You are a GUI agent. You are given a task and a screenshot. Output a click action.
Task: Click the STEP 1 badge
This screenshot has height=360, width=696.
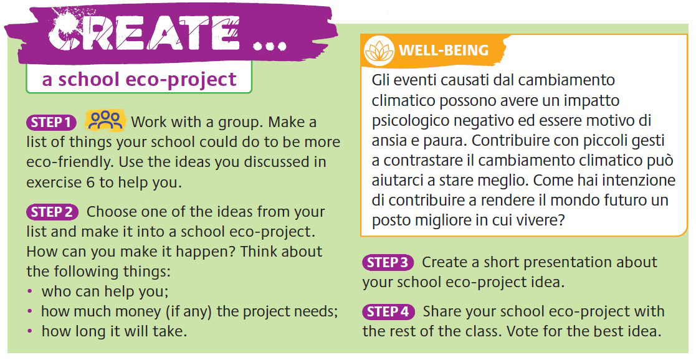pos(52,122)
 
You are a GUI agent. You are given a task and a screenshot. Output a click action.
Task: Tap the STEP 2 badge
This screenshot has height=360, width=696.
pos(52,212)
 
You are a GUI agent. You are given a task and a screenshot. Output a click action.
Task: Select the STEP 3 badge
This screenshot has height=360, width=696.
pos(388,263)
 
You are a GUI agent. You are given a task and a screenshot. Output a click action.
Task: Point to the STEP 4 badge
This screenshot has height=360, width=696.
pos(388,312)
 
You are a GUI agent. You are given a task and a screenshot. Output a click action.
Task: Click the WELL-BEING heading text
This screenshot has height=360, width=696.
pos(444,50)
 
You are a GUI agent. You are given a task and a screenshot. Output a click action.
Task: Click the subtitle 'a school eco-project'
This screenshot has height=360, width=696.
pos(139,80)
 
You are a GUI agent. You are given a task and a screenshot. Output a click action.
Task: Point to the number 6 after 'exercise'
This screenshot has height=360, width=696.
pos(90,182)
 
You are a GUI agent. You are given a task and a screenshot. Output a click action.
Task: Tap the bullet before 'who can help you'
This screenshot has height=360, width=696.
pos(30,291)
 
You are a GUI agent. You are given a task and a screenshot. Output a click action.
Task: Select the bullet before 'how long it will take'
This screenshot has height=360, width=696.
pos(30,331)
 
